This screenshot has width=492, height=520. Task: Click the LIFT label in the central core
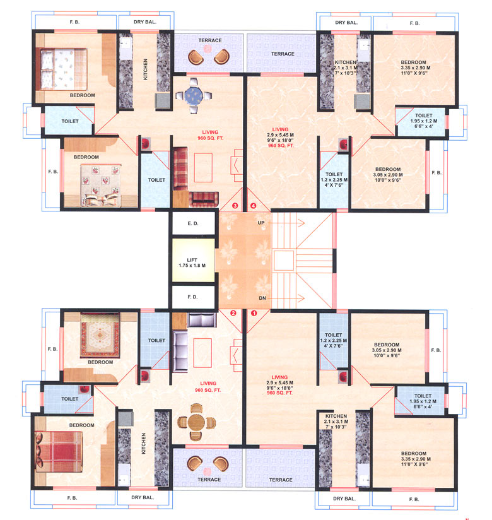coord(193,259)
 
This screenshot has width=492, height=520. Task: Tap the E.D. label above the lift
coord(193,223)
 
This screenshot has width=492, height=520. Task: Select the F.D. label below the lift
coord(193,296)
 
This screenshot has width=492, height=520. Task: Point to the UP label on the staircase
coord(261,223)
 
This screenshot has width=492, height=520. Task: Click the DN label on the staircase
coord(261,297)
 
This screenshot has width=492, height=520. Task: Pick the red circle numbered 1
coord(255,312)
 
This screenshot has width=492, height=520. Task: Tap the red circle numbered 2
coord(233,312)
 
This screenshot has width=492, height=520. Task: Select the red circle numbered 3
coord(235,205)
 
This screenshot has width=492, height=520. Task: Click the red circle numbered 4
coord(254,205)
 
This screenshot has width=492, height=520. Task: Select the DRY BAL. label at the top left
coord(145,22)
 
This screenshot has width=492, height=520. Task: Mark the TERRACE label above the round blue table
coord(209,40)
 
